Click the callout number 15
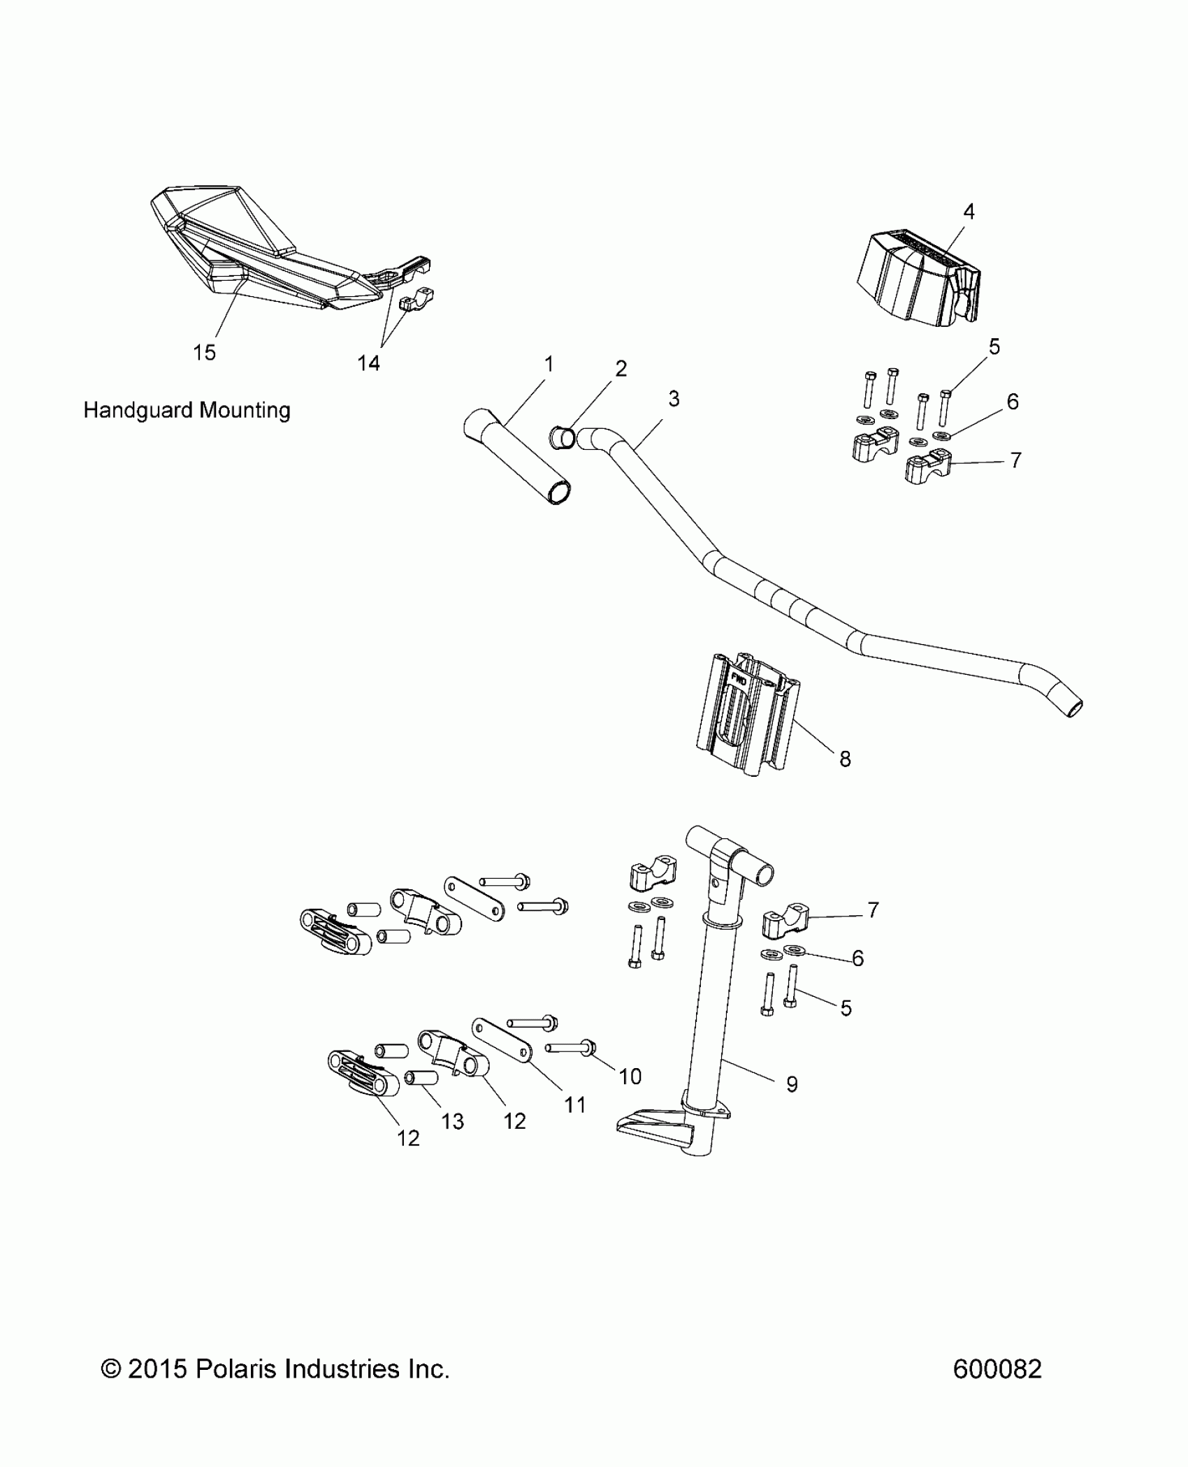click(x=204, y=353)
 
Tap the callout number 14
click(x=368, y=363)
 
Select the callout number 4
click(x=969, y=211)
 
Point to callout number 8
click(x=845, y=759)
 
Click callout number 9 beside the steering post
click(x=792, y=1083)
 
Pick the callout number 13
click(x=452, y=1121)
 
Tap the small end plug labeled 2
click(x=563, y=439)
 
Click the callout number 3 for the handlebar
click(x=673, y=399)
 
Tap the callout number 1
click(x=549, y=364)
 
